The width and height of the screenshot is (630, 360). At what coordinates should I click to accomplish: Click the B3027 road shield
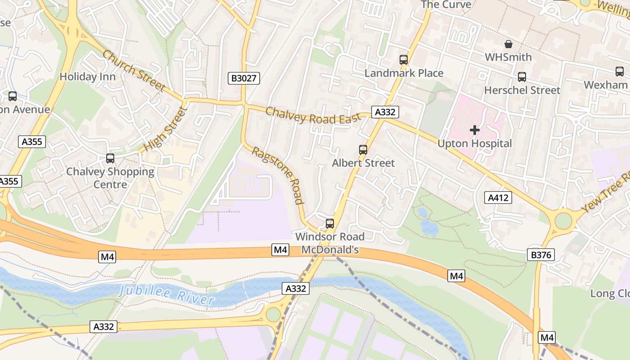pos(243,78)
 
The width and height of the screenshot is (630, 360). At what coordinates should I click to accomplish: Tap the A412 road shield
pos(498,197)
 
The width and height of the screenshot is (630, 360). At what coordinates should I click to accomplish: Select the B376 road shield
pos(540,255)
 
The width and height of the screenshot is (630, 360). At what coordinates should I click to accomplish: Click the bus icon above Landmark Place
pos(404,59)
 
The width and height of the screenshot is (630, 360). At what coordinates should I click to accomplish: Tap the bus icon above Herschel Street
pos(522,77)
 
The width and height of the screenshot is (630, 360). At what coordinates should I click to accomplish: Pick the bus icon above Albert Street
pos(363,149)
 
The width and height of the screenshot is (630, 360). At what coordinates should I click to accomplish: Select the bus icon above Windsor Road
pos(330,223)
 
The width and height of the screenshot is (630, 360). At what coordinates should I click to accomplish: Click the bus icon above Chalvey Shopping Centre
pos(110,158)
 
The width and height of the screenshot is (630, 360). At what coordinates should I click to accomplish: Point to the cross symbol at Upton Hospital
pos(475,130)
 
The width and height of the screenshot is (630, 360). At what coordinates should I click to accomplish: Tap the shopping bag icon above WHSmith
pos(508,44)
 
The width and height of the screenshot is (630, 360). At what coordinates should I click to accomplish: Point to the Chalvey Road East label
pos(313,116)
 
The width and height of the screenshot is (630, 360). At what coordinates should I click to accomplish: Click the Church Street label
pos(133,71)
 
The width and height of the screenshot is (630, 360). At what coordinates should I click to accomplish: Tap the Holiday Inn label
pos(88,76)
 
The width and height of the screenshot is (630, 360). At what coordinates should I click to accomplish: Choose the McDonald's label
pos(330,249)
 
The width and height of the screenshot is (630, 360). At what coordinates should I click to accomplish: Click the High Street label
pos(165,129)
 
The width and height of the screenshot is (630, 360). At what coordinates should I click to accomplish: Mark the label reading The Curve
pos(446,4)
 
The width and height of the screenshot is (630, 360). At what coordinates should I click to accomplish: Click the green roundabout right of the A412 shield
pos(563,221)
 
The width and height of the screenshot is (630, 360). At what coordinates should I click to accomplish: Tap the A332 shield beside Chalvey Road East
pos(385,112)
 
